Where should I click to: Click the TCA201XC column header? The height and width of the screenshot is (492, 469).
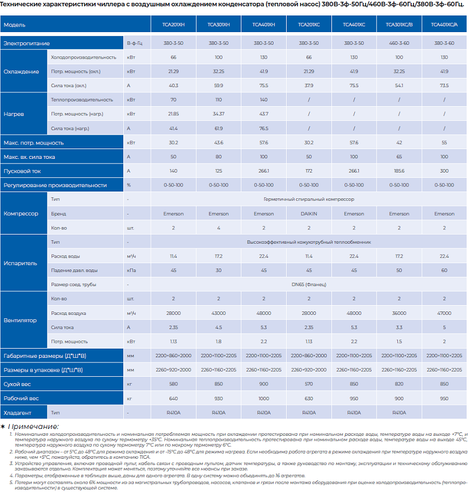click(309, 25)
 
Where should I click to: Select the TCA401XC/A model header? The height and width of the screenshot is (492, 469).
click(444, 25)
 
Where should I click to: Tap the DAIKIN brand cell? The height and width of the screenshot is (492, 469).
click(309, 214)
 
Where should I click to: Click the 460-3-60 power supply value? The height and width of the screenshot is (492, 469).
click(399, 44)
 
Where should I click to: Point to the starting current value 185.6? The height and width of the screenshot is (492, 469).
click(399, 171)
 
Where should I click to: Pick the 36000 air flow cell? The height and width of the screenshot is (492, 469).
click(399, 313)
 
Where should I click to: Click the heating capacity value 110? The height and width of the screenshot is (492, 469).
click(218, 100)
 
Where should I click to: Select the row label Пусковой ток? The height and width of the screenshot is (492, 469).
click(22, 171)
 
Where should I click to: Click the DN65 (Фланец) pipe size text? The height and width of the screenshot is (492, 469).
click(308, 284)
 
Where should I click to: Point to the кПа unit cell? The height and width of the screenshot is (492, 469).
click(131, 270)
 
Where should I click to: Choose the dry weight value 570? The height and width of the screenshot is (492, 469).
click(309, 384)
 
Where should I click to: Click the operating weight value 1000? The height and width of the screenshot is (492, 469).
click(264, 399)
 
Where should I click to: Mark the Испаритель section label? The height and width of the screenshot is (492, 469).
click(21, 263)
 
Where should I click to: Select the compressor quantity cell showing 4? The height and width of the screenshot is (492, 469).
click(218, 228)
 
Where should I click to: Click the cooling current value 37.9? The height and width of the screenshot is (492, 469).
click(309, 85)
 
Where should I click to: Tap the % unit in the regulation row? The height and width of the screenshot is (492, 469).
click(129, 185)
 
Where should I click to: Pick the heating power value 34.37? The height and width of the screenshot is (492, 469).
click(218, 114)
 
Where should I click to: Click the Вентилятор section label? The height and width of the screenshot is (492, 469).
click(21, 320)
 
